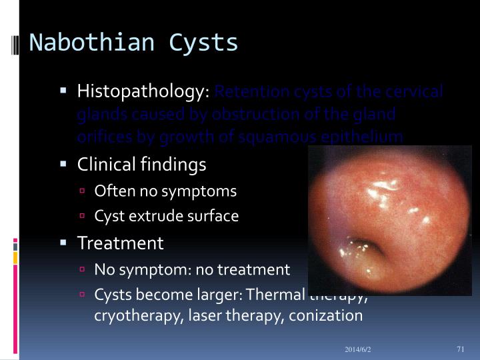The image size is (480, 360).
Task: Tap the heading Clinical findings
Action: tap(142, 164)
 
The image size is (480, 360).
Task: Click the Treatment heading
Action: tap(120, 243)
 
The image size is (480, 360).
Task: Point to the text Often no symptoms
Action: tap(165, 191)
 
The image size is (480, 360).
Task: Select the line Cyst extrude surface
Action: tap(167, 217)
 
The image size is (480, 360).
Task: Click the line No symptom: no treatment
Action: tap(192, 270)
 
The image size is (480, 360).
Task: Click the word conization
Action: tap(326, 315)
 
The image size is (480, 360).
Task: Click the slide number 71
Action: tap(460, 349)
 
